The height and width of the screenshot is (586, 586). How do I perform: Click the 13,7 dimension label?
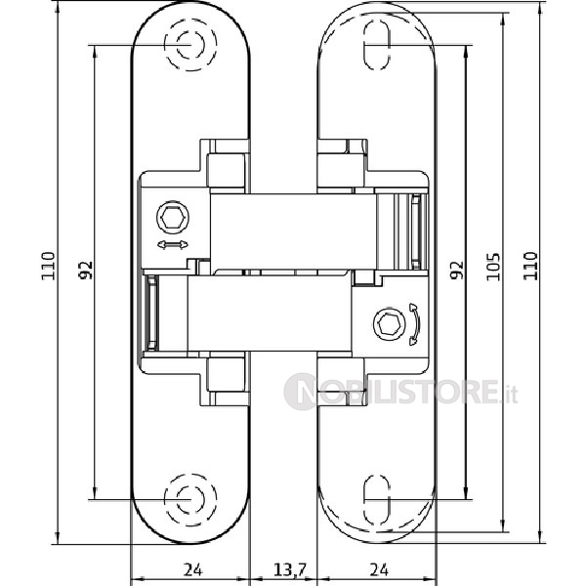[290, 570]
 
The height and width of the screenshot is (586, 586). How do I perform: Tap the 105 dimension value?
[493, 267]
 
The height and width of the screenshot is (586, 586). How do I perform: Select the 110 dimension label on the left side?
[48, 266]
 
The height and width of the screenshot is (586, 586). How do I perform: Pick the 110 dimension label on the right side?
[530, 266]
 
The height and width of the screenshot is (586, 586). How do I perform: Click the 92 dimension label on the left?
[86, 270]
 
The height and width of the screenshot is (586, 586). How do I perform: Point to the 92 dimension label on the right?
[456, 270]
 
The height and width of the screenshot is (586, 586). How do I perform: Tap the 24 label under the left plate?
[192, 570]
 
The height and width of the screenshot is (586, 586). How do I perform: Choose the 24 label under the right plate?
[379, 570]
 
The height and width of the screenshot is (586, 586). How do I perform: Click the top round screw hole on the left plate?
[190, 45]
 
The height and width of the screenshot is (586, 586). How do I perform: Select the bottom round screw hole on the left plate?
[190, 500]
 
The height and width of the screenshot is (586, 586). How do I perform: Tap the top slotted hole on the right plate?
[377, 45]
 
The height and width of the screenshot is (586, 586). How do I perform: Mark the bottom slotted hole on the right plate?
[377, 500]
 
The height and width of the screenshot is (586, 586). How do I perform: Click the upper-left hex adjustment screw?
[172, 218]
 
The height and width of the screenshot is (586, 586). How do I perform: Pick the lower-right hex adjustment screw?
[389, 324]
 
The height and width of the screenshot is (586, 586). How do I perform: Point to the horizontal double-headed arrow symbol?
[173, 245]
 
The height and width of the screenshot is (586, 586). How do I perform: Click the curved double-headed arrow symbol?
[416, 324]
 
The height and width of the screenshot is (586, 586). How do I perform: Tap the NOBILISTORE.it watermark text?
[401, 392]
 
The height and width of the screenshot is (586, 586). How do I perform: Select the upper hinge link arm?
[293, 231]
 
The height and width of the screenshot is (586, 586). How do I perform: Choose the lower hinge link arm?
[270, 314]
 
